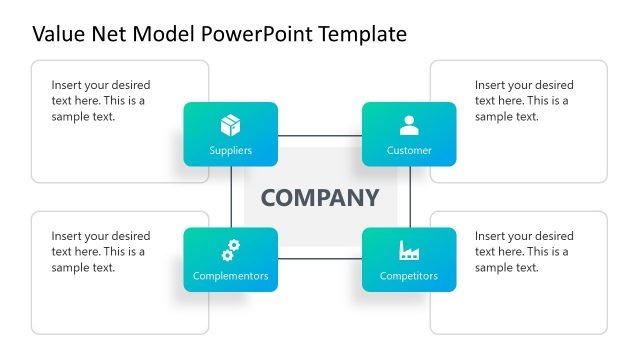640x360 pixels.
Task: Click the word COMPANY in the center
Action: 320,197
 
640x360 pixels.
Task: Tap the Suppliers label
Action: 230,151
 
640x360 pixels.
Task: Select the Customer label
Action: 409,151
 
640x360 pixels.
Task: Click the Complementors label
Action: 230,276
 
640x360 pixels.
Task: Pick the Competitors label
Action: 409,276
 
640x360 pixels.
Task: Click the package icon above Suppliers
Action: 230,125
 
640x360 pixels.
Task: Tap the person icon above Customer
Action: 409,125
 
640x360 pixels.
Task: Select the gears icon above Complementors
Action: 230,249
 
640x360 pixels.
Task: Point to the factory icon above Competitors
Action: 409,250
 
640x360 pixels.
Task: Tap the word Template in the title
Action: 362,34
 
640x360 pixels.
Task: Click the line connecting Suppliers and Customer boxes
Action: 320,135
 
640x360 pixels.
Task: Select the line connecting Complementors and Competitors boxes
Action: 320,259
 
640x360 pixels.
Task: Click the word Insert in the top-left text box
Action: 68,85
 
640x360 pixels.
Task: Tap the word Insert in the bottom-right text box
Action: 491,236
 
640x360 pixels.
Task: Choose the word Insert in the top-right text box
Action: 491,85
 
